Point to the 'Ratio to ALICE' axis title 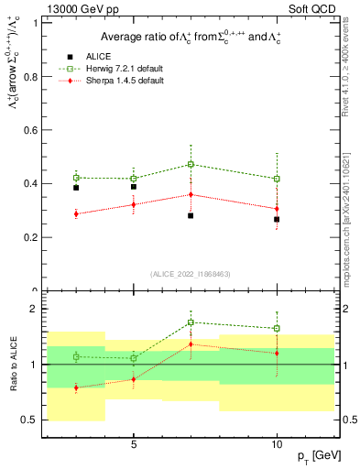pos(13,364)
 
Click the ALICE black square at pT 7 pos(191,215)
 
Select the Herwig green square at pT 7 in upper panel pos(191,164)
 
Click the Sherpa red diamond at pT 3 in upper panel pos(76,214)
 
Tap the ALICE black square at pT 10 pos(277,219)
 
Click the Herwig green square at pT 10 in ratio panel pos(277,328)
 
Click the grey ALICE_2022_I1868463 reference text pos(190,274)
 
